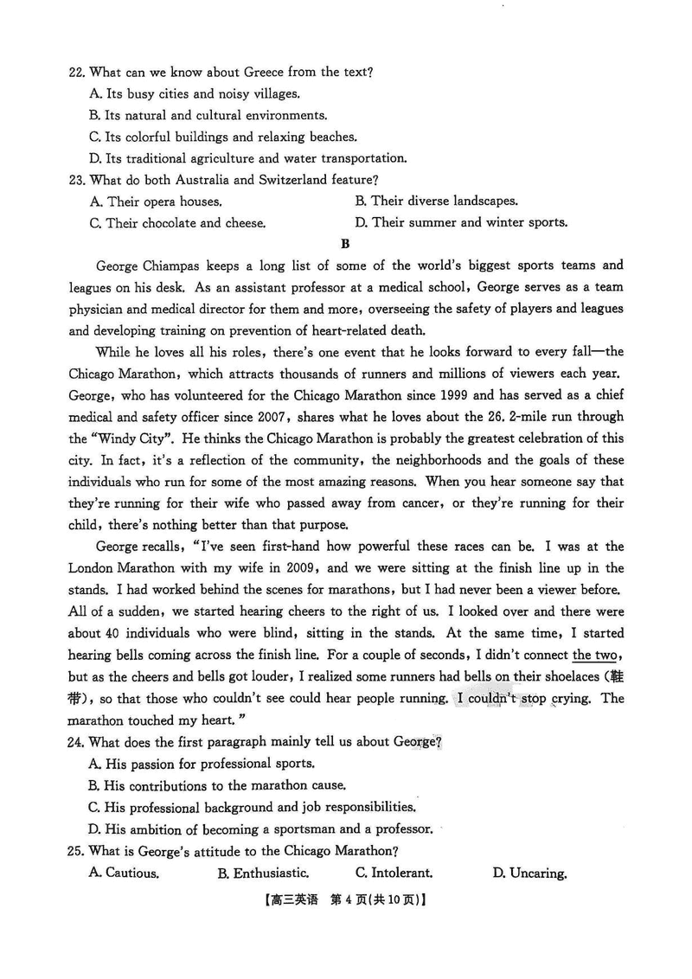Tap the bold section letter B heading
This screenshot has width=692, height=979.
click(346, 244)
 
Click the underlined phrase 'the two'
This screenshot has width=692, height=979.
click(594, 655)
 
